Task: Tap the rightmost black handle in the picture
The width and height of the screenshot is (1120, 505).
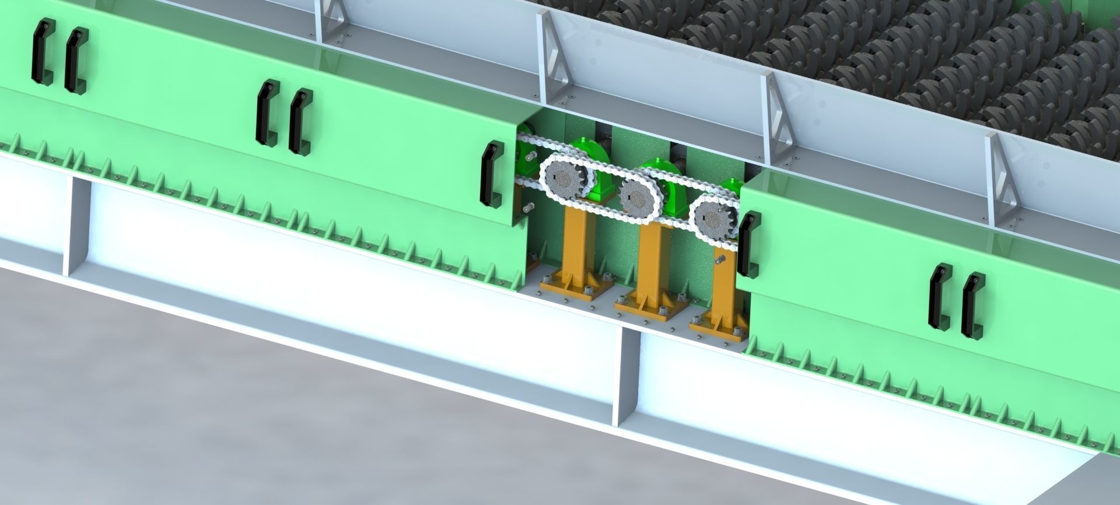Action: click(971, 306)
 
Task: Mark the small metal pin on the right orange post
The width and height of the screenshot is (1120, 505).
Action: click(720, 259)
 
